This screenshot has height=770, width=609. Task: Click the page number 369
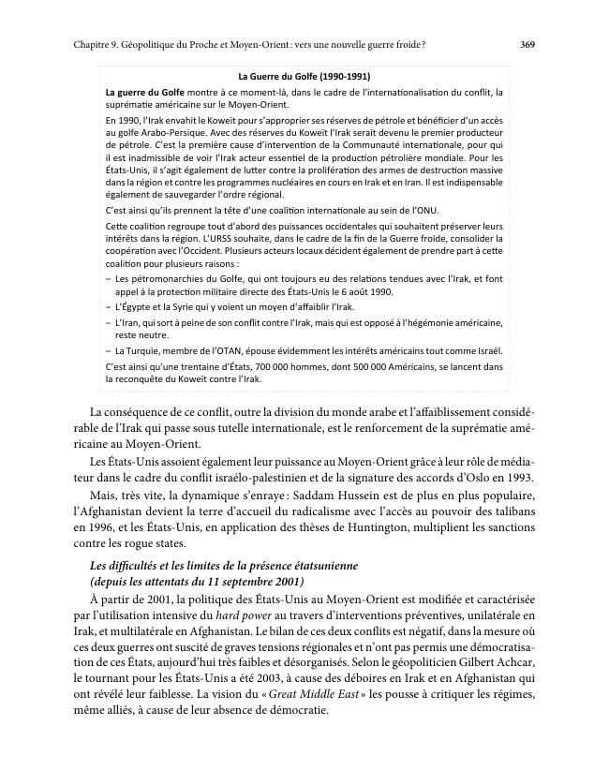point(527,44)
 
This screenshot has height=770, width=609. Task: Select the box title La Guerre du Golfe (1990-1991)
point(304,76)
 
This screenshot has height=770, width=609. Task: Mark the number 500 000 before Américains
point(347,366)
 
